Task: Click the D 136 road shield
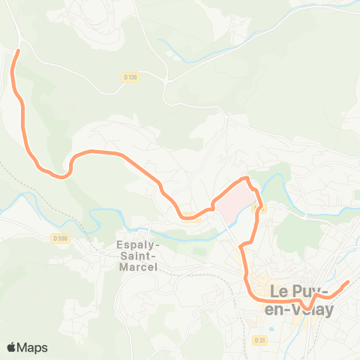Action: [x=130, y=76]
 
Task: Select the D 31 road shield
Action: [x=260, y=340]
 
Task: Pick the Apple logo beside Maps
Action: [x=11, y=347]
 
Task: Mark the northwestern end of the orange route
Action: [x=17, y=50]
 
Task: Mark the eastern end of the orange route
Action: [x=347, y=283]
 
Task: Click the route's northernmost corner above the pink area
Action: [x=246, y=178]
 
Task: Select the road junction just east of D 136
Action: [x=164, y=78]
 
